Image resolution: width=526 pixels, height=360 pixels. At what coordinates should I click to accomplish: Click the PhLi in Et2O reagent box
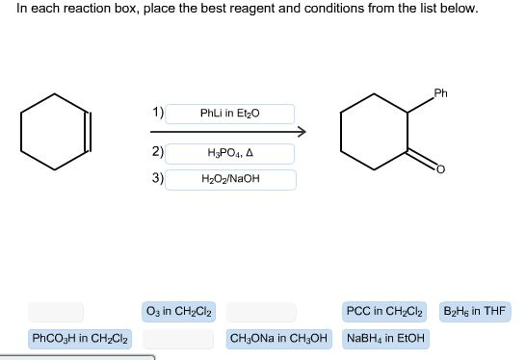(x=229, y=114)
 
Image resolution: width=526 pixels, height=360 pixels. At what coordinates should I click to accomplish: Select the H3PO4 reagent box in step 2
(x=229, y=153)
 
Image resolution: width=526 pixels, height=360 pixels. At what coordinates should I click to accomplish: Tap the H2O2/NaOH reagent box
(x=229, y=179)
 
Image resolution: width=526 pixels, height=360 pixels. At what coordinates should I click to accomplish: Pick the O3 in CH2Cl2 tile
(x=178, y=311)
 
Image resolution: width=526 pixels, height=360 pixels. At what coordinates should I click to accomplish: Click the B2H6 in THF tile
(x=475, y=311)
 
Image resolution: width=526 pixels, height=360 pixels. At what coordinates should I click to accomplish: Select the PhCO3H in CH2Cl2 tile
(x=81, y=339)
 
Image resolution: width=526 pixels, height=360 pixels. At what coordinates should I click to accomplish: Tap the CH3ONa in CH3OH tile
(x=279, y=339)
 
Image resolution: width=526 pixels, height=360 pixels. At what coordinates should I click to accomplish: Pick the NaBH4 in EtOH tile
(x=386, y=339)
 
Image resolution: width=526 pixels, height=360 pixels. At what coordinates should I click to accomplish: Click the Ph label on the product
(x=440, y=93)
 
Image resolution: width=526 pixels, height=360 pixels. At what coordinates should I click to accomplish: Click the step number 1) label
(x=157, y=113)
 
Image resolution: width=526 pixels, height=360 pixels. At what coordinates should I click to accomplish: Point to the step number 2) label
(x=157, y=152)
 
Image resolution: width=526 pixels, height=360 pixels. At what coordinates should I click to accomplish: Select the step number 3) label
(x=157, y=178)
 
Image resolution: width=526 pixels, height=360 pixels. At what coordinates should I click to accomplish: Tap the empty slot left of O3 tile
(x=55, y=311)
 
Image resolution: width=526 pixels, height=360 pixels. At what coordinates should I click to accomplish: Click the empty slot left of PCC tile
(x=259, y=311)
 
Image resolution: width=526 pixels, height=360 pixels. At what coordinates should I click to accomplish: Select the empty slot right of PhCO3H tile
(x=178, y=339)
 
